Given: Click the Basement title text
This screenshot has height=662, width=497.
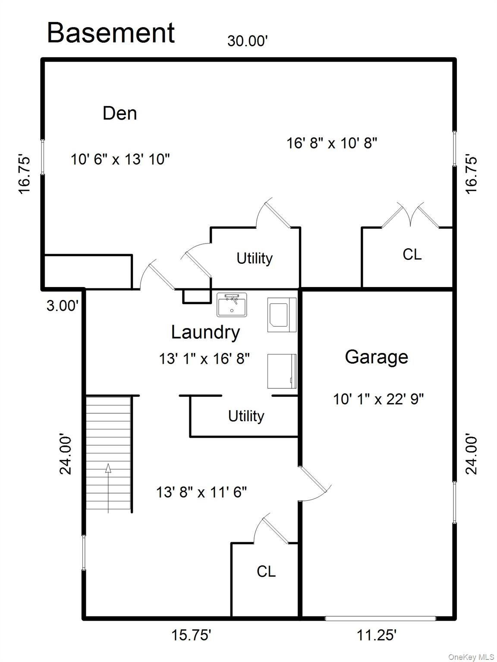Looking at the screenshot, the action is (111, 33).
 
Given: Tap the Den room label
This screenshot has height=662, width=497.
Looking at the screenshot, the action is (120, 113).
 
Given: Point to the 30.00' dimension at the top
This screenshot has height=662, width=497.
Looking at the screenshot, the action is (248, 41).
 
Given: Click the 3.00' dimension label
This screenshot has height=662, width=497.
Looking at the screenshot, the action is (63, 306).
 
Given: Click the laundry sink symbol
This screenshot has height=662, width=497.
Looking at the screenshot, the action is (231, 305).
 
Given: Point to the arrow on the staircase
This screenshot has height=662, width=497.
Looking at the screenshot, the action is (108, 488).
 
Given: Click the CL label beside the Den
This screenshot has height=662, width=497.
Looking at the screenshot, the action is (412, 254).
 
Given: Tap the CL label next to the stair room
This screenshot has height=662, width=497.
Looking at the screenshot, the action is (266, 571).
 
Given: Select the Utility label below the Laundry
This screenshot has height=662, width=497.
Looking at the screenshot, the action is (246, 416).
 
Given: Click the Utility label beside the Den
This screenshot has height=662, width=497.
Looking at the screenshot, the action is (255, 259).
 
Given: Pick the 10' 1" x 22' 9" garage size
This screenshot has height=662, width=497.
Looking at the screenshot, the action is (378, 399).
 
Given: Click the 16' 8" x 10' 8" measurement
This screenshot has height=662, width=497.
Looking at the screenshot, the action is (332, 143).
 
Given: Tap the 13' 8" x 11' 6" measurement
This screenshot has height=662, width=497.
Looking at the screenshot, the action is (201, 493).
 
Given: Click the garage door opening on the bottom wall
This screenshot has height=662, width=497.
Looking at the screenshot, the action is (380, 618).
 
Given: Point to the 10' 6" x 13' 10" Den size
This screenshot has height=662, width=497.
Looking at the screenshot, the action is (120, 159).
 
